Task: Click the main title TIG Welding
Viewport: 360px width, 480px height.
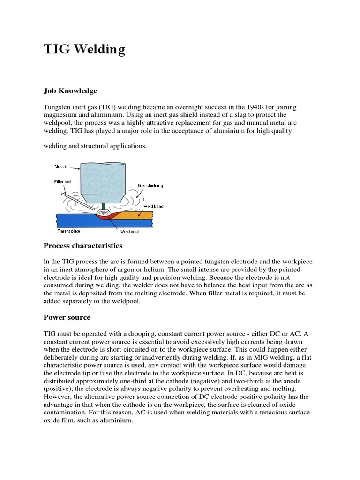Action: click(x=84, y=50)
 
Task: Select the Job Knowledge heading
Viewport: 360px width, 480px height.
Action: click(x=70, y=90)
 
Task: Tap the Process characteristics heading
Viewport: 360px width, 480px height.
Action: click(x=83, y=246)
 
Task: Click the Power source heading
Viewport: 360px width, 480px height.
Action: click(x=67, y=317)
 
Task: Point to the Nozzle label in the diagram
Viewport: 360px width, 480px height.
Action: click(x=61, y=167)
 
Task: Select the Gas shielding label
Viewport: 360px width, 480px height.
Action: click(x=150, y=186)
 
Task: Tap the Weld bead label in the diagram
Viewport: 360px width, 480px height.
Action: click(x=154, y=206)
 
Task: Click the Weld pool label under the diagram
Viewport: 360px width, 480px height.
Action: click(x=130, y=232)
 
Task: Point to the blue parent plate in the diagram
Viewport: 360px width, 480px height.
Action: click(x=70, y=219)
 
